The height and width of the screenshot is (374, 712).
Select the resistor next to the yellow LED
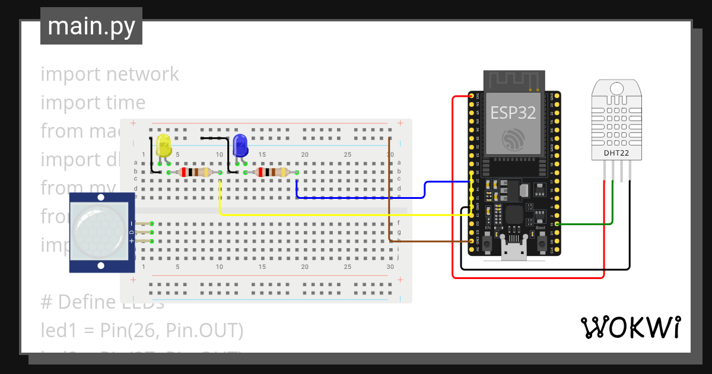pyautogui.click(x=195, y=173)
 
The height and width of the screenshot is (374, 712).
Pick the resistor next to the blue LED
pyautogui.click(x=271, y=173)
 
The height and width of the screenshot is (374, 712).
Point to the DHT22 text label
pyautogui.click(x=616, y=153)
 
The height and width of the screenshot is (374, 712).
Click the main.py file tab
pyautogui.click(x=91, y=26)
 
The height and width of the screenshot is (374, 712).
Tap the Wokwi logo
pyautogui.click(x=630, y=327)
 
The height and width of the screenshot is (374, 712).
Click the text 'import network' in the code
pyautogui.click(x=110, y=74)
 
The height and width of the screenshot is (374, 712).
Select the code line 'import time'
pyautogui.click(x=93, y=103)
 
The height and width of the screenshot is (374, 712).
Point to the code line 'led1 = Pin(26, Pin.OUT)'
pyautogui.click(x=142, y=330)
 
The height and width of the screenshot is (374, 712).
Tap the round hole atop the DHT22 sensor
pyautogui.click(x=616, y=89)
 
